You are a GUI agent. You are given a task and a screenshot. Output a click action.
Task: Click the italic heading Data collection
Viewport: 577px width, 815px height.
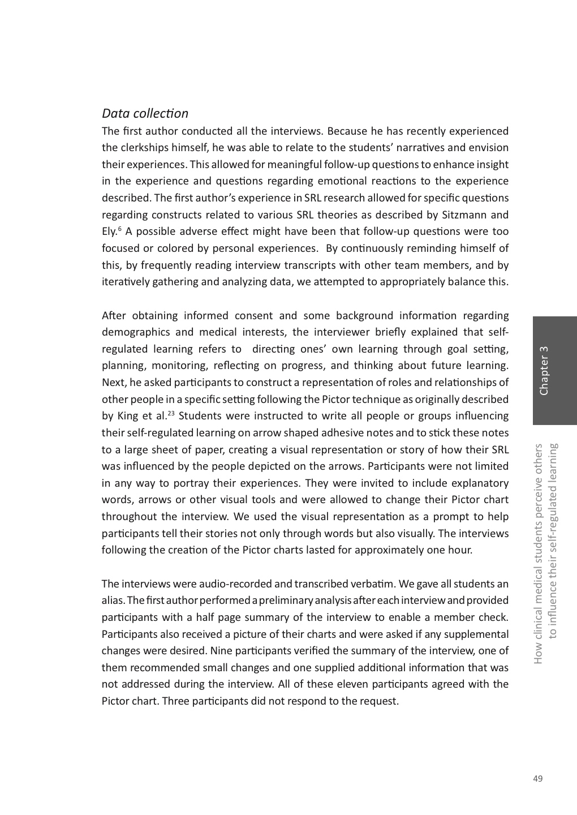click(145, 114)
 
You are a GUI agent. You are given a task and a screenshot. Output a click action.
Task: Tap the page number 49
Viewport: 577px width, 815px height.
click(537, 779)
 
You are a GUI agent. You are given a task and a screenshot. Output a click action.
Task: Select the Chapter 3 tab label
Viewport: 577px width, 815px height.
click(544, 371)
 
